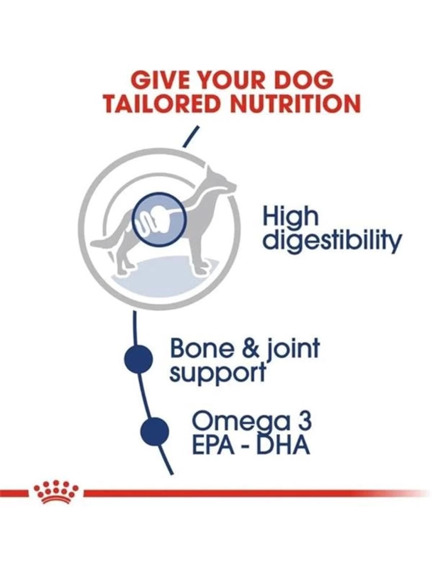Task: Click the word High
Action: (290, 218)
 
